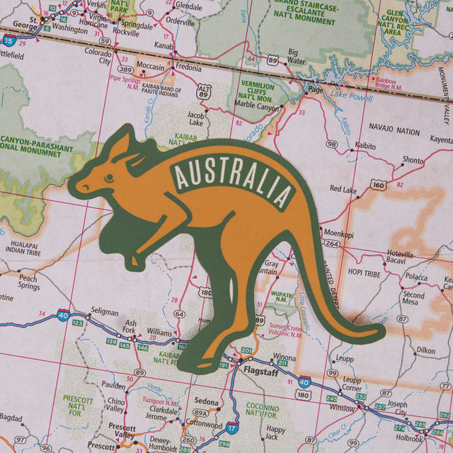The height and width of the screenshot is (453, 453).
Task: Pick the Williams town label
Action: pyautogui.click(x=160, y=331)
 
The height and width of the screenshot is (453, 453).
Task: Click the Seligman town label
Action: pyautogui.click(x=105, y=311)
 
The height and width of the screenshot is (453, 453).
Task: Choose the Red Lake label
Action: pyautogui.click(x=344, y=190)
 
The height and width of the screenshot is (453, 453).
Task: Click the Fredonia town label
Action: pyautogui.click(x=188, y=67)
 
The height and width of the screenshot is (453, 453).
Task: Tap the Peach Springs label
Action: pyautogui.click(x=28, y=282)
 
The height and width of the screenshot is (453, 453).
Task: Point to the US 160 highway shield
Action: pyautogui.click(x=379, y=185)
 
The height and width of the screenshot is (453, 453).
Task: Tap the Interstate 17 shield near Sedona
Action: pyautogui.click(x=232, y=429)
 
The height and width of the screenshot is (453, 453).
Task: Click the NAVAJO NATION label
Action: pyautogui.click(x=394, y=131)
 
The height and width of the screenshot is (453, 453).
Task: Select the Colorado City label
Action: pyautogui.click(x=98, y=56)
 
